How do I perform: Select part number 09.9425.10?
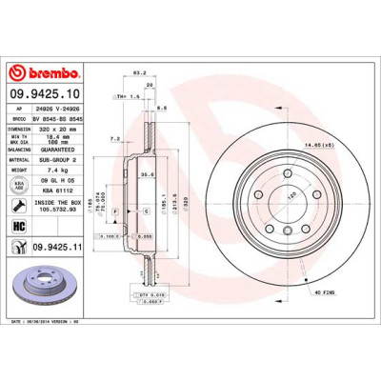pyautogui.click(x=48, y=93)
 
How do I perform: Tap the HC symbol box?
pyautogui.click(x=18, y=226)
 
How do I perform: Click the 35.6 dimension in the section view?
pyautogui.click(x=148, y=175)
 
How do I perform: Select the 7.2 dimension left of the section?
pyautogui.click(x=113, y=139)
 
